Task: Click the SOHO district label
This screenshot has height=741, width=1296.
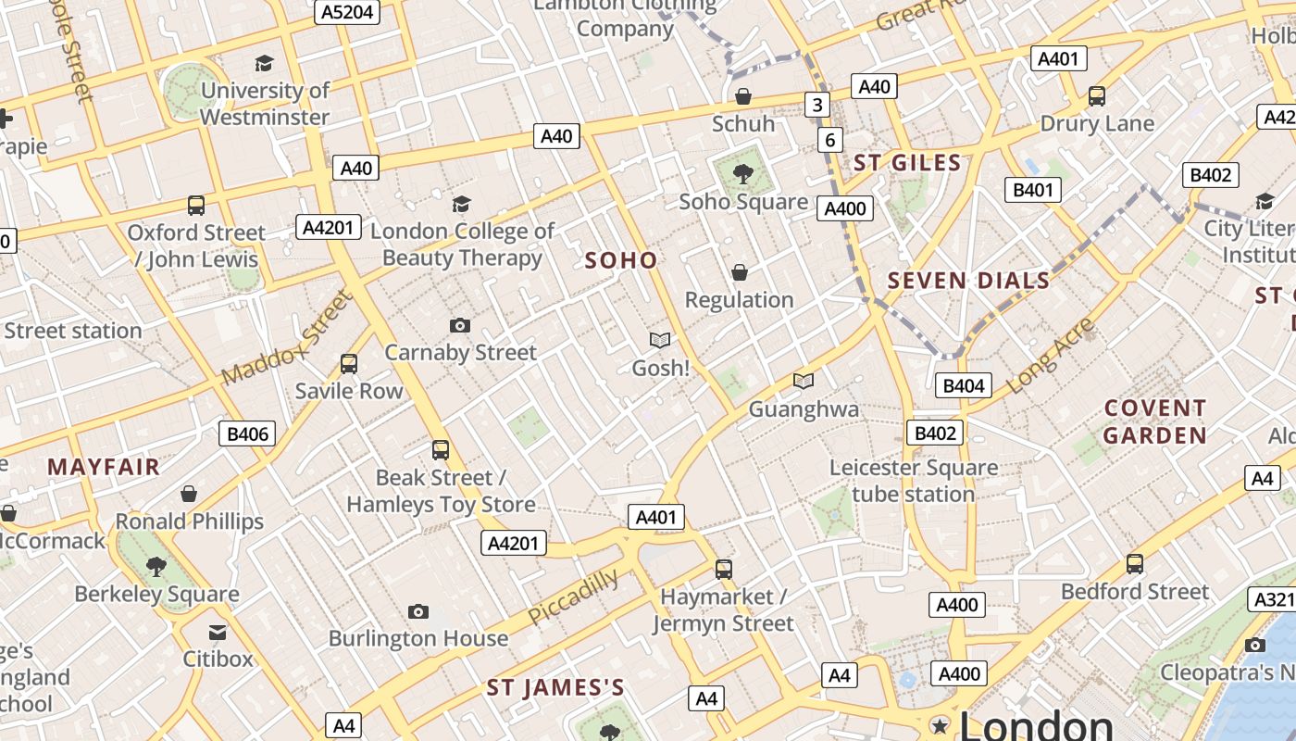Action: coord(621,260)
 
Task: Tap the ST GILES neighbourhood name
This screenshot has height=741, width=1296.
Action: coord(907,163)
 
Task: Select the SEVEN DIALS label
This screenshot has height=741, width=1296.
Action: coord(969,280)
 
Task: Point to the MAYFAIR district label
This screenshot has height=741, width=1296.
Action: coord(104,466)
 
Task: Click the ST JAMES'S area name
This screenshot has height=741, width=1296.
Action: coord(555,687)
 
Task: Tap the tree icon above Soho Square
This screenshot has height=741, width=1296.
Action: coord(742,173)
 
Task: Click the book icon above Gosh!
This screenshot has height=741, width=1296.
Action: coord(660,341)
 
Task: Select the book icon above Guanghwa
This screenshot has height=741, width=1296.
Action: coord(804,381)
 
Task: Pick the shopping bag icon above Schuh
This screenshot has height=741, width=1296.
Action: coord(742,96)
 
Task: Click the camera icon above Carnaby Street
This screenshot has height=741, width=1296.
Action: coord(460,325)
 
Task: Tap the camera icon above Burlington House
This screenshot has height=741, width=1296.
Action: coord(418,611)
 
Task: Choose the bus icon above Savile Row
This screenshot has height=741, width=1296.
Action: coord(349,364)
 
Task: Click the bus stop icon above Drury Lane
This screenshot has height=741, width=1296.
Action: coord(1097,95)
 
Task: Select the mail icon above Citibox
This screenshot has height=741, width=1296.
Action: coord(218,632)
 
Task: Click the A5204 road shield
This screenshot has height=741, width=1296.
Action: coord(347,11)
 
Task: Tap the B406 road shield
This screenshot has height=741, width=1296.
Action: coord(247,433)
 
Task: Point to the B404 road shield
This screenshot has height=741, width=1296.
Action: coord(963,385)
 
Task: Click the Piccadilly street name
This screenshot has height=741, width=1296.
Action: coord(573,597)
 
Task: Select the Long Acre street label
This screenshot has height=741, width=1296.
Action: coord(1051,355)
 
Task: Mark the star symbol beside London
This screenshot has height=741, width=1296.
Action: coord(941,725)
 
